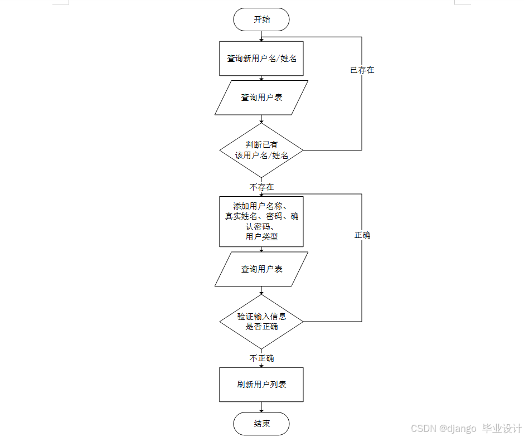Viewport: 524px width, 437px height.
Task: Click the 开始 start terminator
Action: pyautogui.click(x=261, y=20)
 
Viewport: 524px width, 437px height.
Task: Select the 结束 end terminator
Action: pyautogui.click(x=261, y=424)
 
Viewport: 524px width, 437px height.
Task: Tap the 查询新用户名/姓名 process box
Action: pyautogui.click(x=261, y=59)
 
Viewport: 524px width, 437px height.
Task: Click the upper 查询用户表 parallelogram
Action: pyautogui.click(x=261, y=98)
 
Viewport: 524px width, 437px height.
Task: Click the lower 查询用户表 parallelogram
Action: pyautogui.click(x=261, y=269)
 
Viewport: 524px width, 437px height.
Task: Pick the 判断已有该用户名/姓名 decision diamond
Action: pyautogui.click(x=261, y=150)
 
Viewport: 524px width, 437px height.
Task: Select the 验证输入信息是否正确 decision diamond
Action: pyautogui.click(x=261, y=322)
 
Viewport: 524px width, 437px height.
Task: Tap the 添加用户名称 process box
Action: pyautogui.click(x=261, y=221)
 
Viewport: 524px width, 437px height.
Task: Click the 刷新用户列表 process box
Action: pyautogui.click(x=261, y=385)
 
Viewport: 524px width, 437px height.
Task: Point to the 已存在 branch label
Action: pyautogui.click(x=362, y=70)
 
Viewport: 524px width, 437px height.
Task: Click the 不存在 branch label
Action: pyautogui.click(x=261, y=187)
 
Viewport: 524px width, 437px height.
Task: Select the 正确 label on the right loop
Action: pyautogui.click(x=362, y=235)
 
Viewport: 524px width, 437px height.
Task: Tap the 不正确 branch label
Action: pyautogui.click(x=261, y=358)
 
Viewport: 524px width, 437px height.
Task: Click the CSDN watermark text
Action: pyautogui.click(x=423, y=428)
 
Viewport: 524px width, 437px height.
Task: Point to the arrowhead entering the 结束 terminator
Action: pyautogui.click(x=261, y=410)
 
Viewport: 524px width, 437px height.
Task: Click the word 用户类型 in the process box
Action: pyautogui.click(x=261, y=237)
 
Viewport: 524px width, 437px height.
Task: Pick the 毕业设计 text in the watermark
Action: pyautogui.click(x=502, y=428)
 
